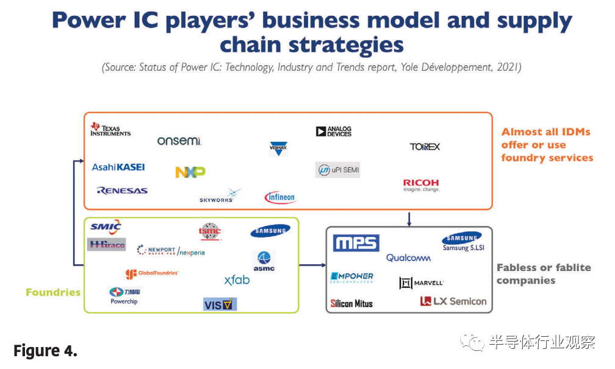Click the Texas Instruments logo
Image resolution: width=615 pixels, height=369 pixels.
[110, 129]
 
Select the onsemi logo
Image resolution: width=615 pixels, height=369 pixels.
[179, 141]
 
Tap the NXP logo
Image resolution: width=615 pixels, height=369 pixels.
[190, 172]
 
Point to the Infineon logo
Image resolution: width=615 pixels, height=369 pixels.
[280, 197]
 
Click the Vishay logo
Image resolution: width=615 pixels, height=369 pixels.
[278, 147]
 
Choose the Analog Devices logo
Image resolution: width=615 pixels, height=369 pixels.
[334, 131]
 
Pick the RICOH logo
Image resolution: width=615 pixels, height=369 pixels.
[421, 185]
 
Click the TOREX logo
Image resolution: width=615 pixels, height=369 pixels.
[425, 147]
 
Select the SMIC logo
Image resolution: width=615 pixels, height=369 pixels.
[106, 227]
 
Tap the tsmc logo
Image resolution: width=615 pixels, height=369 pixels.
[210, 231]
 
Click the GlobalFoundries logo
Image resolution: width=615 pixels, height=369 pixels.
[152, 274]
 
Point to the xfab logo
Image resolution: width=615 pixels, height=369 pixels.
[237, 280]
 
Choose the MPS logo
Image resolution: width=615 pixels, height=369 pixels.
[356, 243]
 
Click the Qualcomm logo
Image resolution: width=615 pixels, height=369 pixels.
[409, 258]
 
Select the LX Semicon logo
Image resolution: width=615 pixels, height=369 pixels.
[453, 301]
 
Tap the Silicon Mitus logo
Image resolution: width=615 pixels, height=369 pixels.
[351, 303]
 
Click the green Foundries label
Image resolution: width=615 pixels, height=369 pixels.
[53, 292]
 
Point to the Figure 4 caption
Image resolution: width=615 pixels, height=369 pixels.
[45, 351]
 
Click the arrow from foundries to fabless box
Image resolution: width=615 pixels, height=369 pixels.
[312, 265]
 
